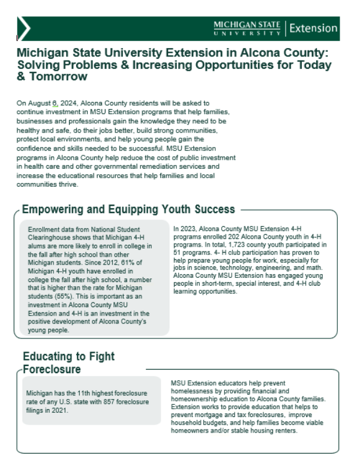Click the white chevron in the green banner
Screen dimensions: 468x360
click(x=24, y=28)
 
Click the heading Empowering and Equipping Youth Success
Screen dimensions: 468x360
click(x=128, y=209)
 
